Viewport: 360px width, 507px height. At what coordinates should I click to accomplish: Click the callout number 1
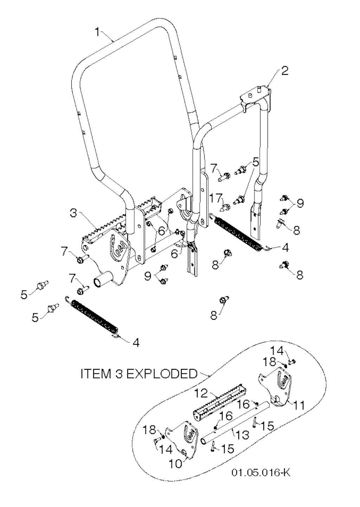97,32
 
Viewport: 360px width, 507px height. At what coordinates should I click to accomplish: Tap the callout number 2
284,71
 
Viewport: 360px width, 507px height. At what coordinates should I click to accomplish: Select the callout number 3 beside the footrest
73,213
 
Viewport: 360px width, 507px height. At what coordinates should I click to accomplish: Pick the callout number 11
299,405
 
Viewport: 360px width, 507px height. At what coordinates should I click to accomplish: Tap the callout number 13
242,435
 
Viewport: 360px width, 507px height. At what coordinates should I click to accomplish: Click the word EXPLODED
162,373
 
